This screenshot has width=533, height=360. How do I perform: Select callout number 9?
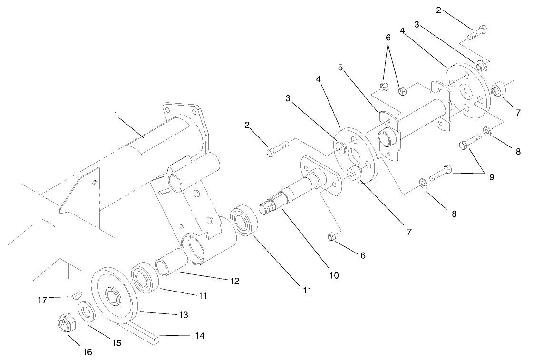[491, 177]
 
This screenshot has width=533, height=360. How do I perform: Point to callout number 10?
[334, 275]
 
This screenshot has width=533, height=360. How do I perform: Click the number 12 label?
[233, 281]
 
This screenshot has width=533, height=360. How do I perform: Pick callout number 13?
[183, 315]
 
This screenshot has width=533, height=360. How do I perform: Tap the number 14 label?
[200, 336]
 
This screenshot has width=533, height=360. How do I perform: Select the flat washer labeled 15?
[86, 311]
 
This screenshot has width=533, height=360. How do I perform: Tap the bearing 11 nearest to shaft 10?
[244, 219]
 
